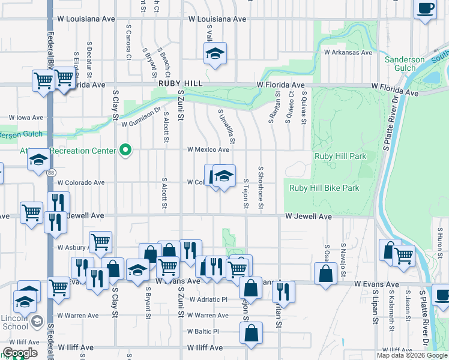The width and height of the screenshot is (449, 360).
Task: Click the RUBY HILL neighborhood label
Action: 178,85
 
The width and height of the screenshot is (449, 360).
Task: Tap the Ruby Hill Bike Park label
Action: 324,188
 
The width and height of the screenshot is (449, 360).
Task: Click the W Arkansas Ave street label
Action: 348,52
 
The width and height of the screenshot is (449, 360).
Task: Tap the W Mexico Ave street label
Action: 208,149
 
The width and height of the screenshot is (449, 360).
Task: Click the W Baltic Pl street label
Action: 203,331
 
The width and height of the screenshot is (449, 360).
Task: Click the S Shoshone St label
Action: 261,188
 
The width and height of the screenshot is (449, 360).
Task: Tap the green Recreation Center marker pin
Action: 125,150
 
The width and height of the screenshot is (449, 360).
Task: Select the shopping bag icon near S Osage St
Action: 325,274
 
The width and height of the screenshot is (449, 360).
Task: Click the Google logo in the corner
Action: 20,353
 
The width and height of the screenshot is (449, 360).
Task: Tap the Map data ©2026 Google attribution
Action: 411,355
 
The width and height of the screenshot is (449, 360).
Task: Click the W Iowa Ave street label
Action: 26,118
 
